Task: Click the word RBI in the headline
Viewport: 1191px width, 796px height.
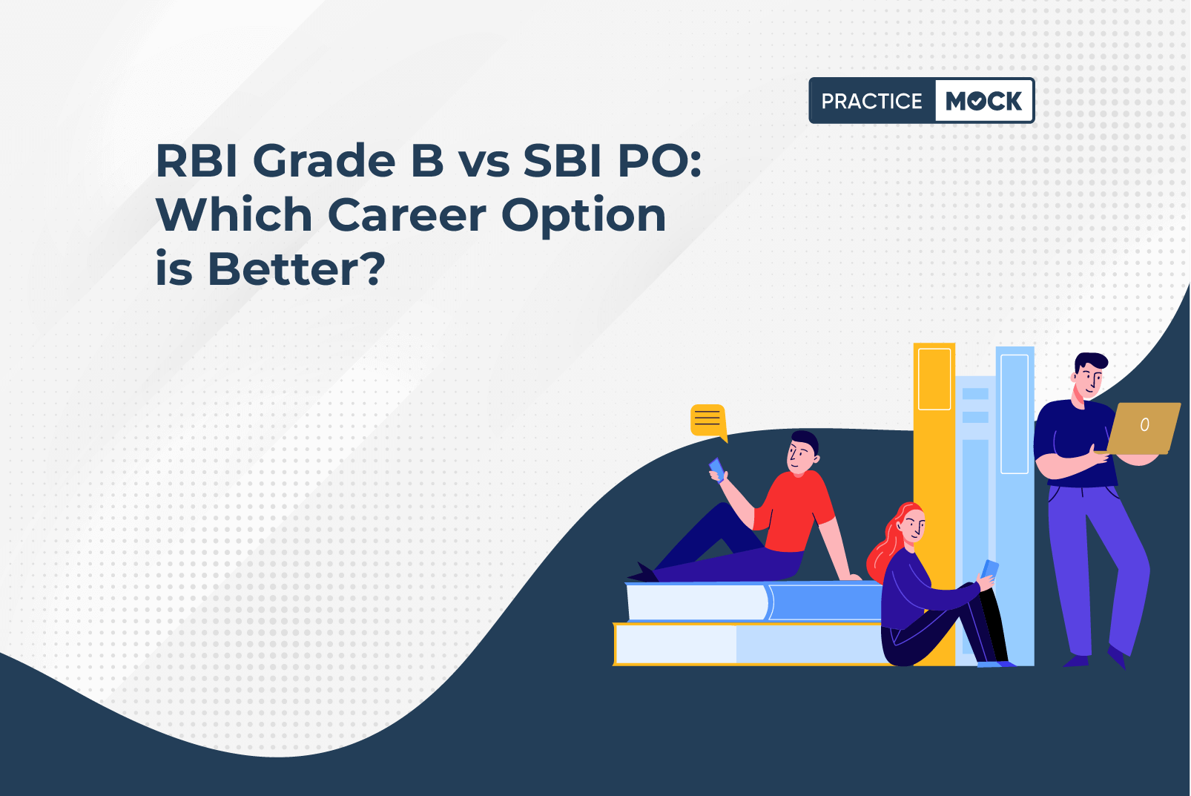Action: (197, 160)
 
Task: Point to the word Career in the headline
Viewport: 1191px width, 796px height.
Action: (406, 215)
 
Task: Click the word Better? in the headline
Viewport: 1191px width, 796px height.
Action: (296, 269)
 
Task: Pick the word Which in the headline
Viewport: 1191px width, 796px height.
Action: (234, 214)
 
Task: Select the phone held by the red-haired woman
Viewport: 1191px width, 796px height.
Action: (989, 570)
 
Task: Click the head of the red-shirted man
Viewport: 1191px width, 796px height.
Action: (803, 452)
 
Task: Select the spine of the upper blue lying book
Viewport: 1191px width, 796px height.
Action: (825, 602)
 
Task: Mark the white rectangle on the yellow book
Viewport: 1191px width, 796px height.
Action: (934, 379)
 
